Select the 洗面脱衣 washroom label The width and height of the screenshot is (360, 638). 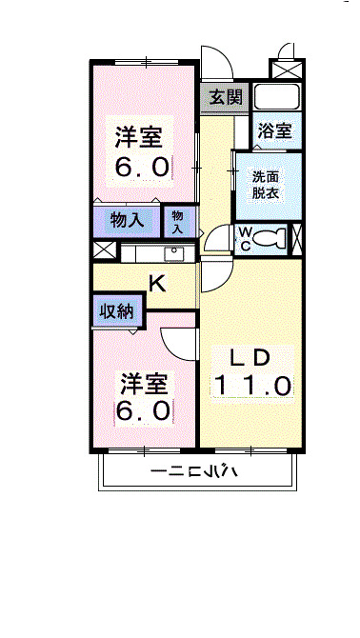pos(266,183)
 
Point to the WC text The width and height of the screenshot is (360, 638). pos(245,237)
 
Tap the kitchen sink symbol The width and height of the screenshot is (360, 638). pos(175,253)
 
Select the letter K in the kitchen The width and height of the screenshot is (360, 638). pos(157,282)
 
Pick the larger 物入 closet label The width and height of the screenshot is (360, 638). pos(127,221)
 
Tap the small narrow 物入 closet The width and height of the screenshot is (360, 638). pos(179,221)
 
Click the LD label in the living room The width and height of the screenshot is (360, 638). pos(252,358)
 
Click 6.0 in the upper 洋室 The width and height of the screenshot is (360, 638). pos(143,168)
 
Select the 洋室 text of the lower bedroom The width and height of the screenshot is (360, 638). pos(143,384)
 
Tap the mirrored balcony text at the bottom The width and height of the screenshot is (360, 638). pos(200,471)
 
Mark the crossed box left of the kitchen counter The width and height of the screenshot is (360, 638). pos(103,251)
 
